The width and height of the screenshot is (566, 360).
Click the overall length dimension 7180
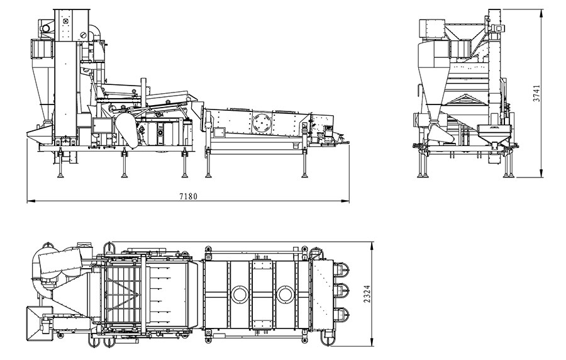189,196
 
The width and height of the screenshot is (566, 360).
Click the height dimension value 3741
537,93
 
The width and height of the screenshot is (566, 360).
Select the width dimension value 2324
367,294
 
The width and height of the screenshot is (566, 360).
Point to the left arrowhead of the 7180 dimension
31,200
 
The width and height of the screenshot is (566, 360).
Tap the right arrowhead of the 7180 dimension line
345,200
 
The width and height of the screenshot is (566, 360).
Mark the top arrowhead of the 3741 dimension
541,14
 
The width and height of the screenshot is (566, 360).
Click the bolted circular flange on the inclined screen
262,123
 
